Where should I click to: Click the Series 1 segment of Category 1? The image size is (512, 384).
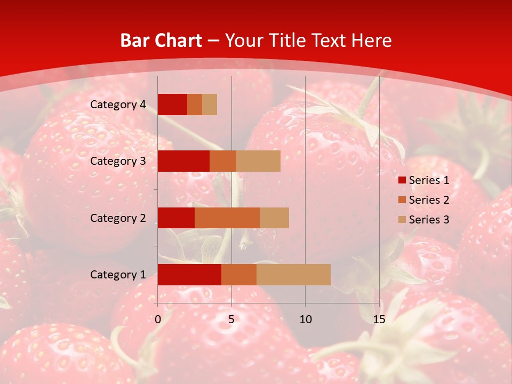(x=189, y=275)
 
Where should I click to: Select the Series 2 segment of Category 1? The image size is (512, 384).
(x=239, y=275)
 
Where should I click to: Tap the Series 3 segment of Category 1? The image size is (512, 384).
(x=293, y=275)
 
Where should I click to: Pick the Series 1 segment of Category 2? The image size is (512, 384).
(x=176, y=218)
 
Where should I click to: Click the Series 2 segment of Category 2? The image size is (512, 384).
(x=227, y=218)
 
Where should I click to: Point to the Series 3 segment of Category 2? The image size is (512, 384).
(x=274, y=218)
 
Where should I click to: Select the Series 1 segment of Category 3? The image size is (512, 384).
(x=183, y=161)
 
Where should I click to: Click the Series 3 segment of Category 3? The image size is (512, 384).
(x=258, y=161)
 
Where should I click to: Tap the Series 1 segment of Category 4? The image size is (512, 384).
(x=172, y=105)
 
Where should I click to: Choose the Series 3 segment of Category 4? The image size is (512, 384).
(x=210, y=105)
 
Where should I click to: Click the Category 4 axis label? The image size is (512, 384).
(x=118, y=105)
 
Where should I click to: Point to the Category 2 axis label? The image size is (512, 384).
(x=118, y=218)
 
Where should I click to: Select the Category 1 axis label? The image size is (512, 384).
(x=118, y=275)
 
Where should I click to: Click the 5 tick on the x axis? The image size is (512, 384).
(x=231, y=319)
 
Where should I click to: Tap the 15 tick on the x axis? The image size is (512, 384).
(x=379, y=319)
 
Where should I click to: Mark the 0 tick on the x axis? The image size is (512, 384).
(x=158, y=319)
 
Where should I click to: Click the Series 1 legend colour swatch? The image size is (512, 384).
(x=402, y=180)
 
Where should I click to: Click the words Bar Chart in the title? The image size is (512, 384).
(x=161, y=40)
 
